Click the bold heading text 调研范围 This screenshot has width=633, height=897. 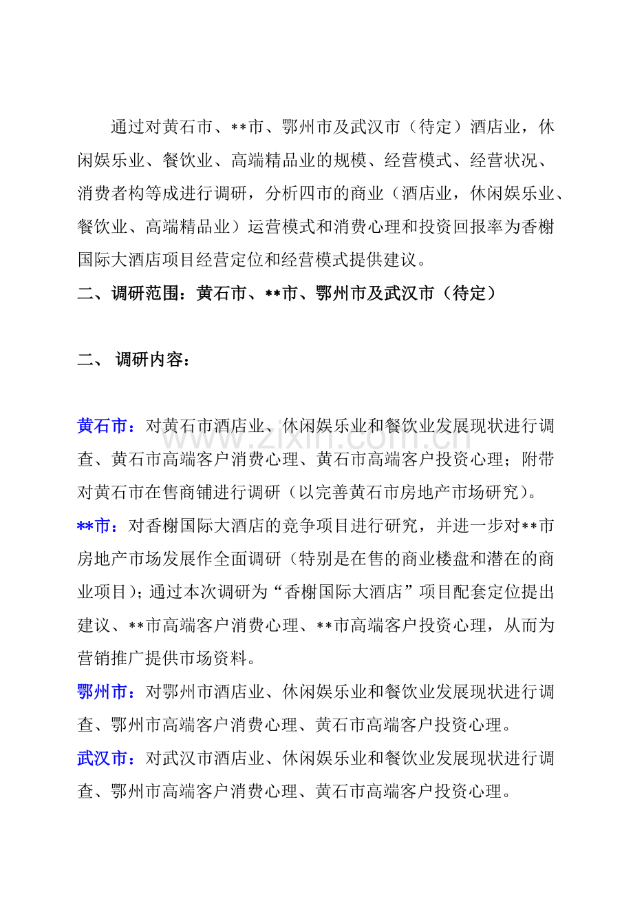(x=145, y=293)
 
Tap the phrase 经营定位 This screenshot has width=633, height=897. (x=282, y=260)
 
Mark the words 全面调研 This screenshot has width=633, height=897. (x=248, y=559)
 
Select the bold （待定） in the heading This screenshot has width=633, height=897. (x=467, y=293)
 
